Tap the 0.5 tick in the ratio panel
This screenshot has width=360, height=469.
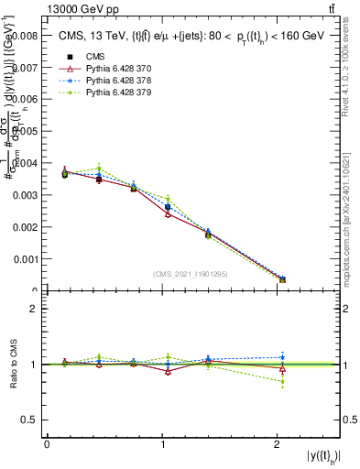pos(31,420)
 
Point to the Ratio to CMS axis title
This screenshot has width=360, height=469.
pos(13,364)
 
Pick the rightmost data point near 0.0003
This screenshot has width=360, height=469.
pos(282,279)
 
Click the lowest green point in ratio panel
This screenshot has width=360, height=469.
pos(282,382)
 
